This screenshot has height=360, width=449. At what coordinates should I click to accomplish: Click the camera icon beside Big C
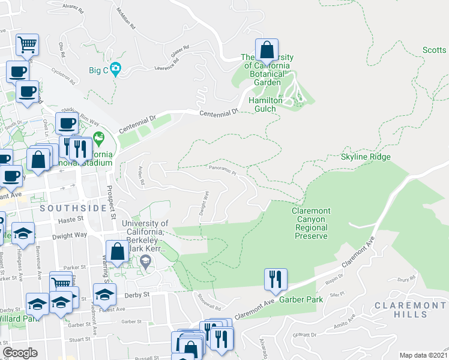pos(115,69)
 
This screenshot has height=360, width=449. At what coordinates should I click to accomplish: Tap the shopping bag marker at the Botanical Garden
pos(267,52)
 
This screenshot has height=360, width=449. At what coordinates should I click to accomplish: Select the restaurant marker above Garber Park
pos(276,279)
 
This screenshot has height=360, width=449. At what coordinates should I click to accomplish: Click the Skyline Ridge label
pos(366,157)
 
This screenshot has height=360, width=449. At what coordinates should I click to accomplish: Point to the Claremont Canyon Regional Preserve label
pos(310,223)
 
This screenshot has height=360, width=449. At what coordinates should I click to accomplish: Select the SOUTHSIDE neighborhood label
pos(64,208)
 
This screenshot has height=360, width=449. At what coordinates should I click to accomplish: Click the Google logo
pos(20,353)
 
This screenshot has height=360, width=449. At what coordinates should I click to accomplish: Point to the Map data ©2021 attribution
pos(423,355)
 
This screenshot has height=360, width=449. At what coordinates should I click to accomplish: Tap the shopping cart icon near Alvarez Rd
pos(27,45)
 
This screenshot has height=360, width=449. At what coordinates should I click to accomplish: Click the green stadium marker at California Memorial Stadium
pos(98,140)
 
